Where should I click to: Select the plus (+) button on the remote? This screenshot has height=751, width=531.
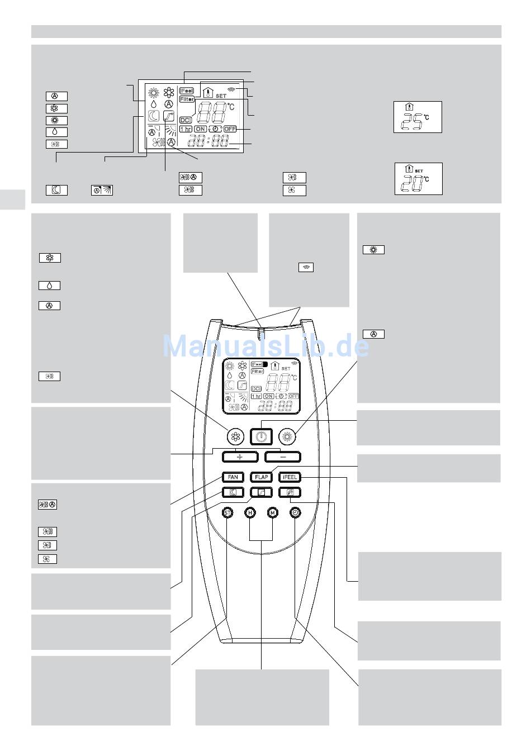pos(240,457)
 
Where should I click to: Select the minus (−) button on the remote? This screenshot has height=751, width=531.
pos(283,457)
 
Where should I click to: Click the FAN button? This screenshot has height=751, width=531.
pos(233,477)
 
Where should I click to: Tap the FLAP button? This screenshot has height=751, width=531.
pos(262,477)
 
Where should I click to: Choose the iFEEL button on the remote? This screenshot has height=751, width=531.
pos(290,477)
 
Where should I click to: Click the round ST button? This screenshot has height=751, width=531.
pos(227,512)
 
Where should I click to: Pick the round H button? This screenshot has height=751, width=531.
pos(250,512)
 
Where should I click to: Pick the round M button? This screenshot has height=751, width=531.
pos(272,512)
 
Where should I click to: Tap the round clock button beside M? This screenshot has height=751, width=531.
pos(295,512)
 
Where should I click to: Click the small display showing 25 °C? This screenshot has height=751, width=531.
pos(418,117)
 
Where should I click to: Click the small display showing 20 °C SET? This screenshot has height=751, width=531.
pos(418,179)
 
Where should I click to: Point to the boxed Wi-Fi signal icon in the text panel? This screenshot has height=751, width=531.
pos(306,267)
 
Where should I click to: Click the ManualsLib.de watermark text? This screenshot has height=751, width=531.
pos(265,346)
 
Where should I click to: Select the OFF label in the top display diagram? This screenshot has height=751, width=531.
pos(230,129)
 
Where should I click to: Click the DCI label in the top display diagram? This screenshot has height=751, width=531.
pos(186,120)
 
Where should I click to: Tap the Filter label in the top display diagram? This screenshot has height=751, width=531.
pos(187,99)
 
